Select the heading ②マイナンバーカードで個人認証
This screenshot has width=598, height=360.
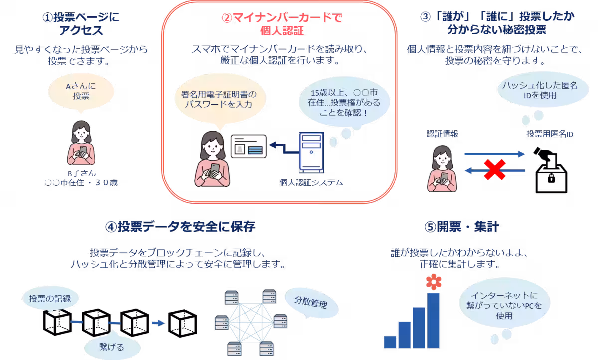pos(282,24)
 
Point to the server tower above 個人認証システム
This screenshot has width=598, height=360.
pos(311,151)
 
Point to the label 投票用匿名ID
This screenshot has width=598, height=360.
pos(550,134)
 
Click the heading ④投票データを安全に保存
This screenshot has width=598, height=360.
pos(180,227)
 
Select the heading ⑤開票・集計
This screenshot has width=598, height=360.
pos(461,227)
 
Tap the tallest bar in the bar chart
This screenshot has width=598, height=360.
pos(433,320)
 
